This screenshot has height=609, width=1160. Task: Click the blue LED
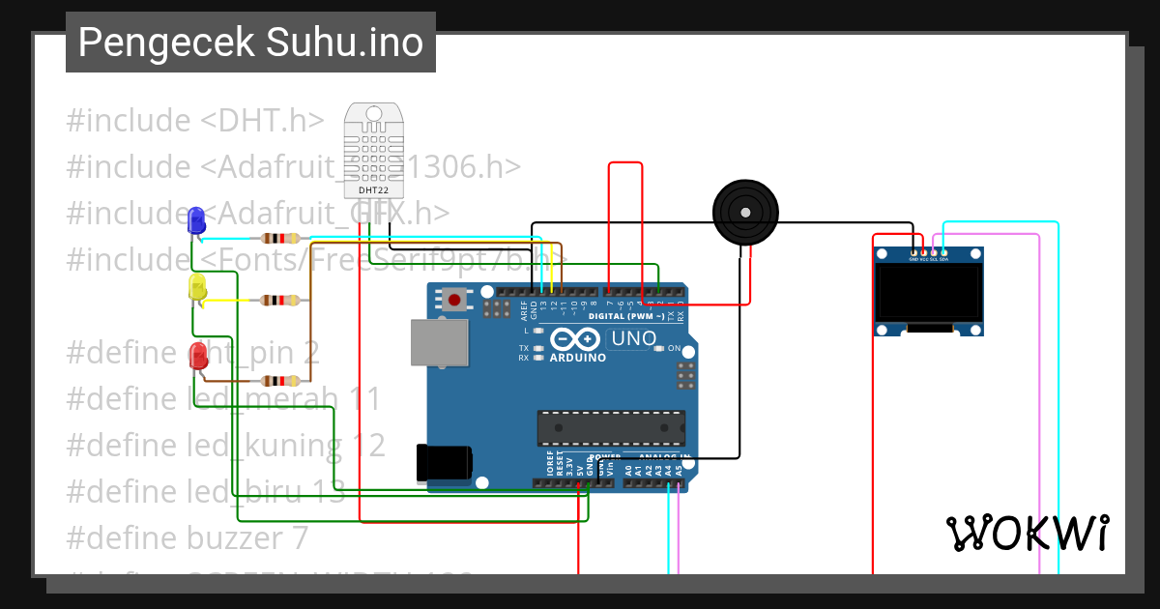[x=196, y=220]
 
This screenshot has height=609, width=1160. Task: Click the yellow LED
[x=197, y=287]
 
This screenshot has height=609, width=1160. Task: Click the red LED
[x=198, y=355]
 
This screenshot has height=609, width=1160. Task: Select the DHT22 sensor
[x=372, y=145]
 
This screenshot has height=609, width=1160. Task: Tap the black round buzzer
[x=745, y=211]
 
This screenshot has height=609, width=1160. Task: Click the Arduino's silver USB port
[x=436, y=343]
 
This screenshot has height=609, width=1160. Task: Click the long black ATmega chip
[x=611, y=426]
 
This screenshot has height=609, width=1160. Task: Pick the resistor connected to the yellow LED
[x=280, y=301]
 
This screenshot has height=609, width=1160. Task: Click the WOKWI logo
[x=1027, y=533]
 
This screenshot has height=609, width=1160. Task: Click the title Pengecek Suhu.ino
[x=250, y=43]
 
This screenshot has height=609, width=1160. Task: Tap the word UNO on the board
[x=633, y=339]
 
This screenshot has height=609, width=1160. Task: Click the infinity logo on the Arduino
[x=577, y=339]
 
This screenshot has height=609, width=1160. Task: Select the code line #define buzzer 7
[x=187, y=537]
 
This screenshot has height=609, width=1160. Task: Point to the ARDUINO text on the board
[x=577, y=358]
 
